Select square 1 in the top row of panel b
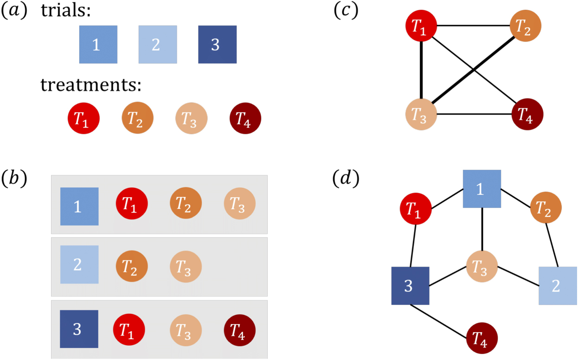[x=79, y=206]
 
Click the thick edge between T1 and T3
[x=422, y=70]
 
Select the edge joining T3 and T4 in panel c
[x=474, y=114]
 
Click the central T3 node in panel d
[x=482, y=266]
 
